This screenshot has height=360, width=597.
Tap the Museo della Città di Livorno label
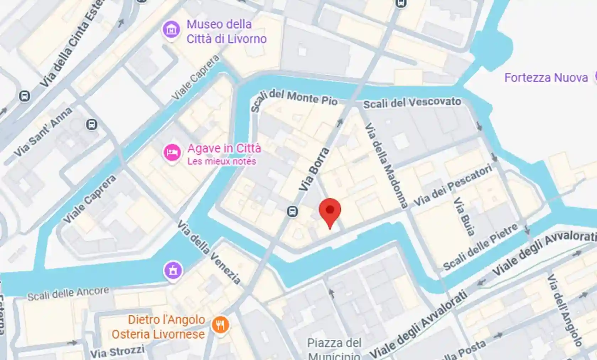pos(226,32)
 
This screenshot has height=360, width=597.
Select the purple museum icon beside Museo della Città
pos(171,30)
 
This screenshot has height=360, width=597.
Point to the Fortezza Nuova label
pos(546,78)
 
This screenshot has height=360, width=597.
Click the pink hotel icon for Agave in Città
pos(172,152)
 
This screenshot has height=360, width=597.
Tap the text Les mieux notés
pos(221,161)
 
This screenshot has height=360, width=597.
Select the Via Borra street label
pos(314,170)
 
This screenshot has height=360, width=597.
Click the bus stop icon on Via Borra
pos(292,211)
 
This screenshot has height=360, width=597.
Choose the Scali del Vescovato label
pos(412,103)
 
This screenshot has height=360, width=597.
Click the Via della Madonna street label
pos(386,165)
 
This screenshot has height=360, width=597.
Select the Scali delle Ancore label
pos(68,294)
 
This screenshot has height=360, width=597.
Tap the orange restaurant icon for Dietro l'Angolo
pos(220,325)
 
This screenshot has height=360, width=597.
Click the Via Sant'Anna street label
pos(43,133)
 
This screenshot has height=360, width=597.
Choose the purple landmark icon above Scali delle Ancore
pos(173,271)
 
